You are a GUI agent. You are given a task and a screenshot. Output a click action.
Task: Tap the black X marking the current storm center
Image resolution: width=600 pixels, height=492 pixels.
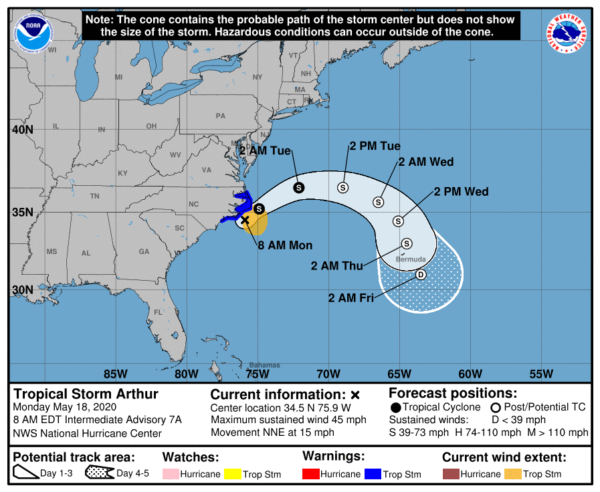click(x=245, y=220)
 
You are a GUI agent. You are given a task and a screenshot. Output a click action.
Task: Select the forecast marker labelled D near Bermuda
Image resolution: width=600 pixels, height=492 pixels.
click(x=421, y=275)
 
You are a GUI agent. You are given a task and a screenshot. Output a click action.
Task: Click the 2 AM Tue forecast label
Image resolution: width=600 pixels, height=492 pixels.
click(x=266, y=151)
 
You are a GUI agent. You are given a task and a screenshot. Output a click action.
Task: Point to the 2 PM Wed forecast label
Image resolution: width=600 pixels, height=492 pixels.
click(x=461, y=192)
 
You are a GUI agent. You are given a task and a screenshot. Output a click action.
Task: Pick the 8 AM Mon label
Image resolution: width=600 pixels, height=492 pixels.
click(x=286, y=245)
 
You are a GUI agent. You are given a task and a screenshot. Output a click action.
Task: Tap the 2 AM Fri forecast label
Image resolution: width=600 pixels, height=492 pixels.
click(x=351, y=298)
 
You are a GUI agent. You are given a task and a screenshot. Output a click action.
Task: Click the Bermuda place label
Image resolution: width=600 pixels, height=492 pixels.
click(x=411, y=259)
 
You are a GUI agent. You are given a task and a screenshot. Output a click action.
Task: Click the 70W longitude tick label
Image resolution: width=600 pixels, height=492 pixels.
click(x=328, y=374)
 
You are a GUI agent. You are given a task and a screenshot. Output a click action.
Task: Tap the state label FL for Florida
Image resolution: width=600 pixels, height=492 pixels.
click(x=159, y=312)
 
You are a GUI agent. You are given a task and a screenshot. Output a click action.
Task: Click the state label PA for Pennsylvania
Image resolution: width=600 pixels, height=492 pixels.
click(x=220, y=116)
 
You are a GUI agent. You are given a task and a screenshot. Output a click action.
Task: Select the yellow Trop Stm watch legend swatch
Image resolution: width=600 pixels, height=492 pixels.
click(x=232, y=475)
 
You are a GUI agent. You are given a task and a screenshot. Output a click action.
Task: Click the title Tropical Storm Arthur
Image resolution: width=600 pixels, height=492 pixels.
click(x=86, y=394)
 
